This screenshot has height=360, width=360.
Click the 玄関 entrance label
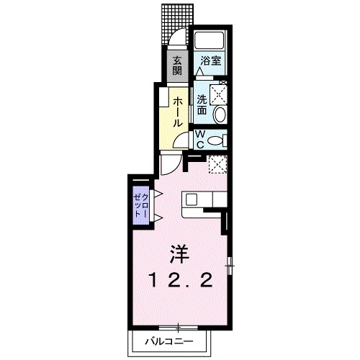177,65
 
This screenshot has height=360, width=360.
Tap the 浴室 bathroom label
211,60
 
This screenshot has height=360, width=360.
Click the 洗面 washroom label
202,105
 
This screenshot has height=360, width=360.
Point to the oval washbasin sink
220,114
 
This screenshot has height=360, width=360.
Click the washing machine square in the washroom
218,95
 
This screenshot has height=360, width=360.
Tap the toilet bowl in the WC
215,140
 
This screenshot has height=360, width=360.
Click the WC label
200,139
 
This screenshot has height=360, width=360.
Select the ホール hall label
177,112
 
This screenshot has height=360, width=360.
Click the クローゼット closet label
141,205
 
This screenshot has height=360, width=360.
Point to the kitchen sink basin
192,199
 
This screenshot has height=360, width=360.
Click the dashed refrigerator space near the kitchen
217,164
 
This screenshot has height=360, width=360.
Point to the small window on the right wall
230,266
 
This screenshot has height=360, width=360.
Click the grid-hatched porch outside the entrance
178,23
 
